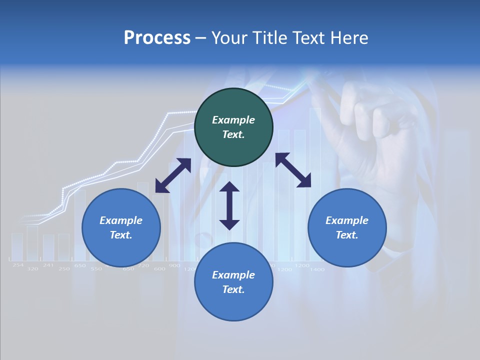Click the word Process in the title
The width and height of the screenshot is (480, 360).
pos(157,38)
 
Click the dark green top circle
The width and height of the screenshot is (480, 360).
pos(233,127)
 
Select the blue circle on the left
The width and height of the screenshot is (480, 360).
pos(121,228)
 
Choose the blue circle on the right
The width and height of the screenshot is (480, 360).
pos(347,228)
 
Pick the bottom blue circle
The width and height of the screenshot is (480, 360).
pos(233,282)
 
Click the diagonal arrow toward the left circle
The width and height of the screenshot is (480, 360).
pos(173,175)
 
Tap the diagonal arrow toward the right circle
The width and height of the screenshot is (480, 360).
pos(293,170)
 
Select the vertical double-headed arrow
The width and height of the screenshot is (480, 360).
pos(229,205)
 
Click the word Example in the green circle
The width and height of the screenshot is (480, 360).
pos(233,120)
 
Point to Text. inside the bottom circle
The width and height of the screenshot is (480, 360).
pos(233,289)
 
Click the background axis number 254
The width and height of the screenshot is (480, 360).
pos(18,265)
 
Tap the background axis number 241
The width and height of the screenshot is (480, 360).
pos(48,265)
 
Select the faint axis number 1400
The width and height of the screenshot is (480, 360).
pos(316,269)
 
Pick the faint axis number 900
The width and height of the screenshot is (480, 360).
pos(174,265)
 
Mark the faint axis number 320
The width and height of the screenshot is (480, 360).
pos(32,269)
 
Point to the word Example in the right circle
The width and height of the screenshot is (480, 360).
pos(347,220)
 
